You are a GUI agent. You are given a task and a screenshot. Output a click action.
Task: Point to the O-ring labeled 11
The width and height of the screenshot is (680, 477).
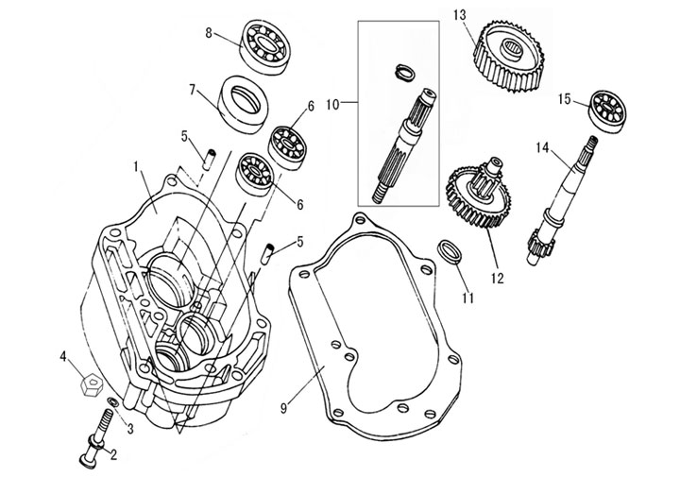(x=450, y=253)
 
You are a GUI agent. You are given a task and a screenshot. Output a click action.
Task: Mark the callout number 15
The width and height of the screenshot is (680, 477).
(x=565, y=98)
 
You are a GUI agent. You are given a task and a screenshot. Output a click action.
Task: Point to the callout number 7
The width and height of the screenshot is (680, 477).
(x=192, y=91)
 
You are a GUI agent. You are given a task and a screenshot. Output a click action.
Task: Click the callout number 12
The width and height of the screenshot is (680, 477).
(x=497, y=278)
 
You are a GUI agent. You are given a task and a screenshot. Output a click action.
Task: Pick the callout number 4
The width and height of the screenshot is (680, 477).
(x=63, y=357)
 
